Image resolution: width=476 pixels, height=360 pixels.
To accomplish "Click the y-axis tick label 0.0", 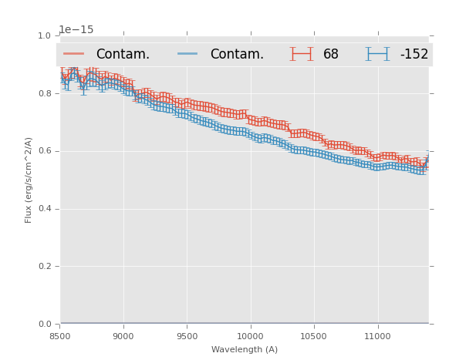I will [44, 324].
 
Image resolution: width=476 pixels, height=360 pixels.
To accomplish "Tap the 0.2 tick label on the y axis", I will [44, 266].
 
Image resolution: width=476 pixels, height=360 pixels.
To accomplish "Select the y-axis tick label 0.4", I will [44, 209].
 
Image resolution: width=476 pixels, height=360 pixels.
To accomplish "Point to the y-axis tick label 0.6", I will [44, 151].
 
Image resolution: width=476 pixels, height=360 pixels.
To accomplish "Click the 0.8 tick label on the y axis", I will [44, 93].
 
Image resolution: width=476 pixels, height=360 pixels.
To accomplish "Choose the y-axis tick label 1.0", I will [44, 36].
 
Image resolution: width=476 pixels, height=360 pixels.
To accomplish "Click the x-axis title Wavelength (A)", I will [245, 349].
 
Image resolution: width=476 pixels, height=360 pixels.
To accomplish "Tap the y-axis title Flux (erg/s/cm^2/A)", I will [29, 180].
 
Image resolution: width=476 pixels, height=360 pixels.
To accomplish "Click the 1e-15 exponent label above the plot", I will [76, 29].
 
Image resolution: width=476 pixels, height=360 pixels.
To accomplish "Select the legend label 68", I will [331, 54].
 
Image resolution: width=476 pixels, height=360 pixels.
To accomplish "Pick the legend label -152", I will [414, 54].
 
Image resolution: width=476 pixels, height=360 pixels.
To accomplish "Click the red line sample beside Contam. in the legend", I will [74, 54].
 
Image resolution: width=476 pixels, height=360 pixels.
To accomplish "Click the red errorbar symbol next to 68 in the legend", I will [302, 54].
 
